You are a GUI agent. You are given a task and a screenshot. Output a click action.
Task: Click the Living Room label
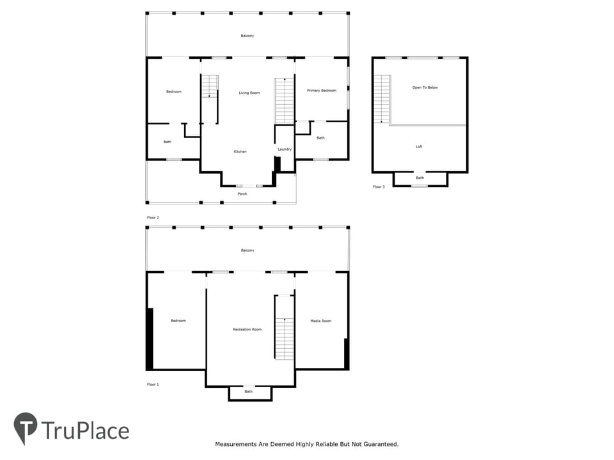click(249, 93)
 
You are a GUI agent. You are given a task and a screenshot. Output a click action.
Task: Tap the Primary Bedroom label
click(322, 90)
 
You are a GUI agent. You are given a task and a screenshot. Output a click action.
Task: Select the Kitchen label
click(240, 151)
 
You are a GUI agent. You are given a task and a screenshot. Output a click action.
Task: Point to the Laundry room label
click(285, 149)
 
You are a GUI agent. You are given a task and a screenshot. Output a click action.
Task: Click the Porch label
click(242, 194)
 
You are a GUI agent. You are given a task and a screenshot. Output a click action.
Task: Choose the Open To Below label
click(425, 88)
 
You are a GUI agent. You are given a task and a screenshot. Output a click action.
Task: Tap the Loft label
click(419, 147)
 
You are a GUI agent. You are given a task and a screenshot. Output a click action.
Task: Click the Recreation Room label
click(247, 330)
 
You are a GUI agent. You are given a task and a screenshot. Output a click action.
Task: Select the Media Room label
click(320, 321)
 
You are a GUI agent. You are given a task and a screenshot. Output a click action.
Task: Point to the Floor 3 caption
click(379, 187)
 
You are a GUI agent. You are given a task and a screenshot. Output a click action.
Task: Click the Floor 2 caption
click(153, 217)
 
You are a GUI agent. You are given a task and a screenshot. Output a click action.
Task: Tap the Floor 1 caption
click(153, 385)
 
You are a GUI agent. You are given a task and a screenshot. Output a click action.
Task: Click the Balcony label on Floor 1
click(248, 250)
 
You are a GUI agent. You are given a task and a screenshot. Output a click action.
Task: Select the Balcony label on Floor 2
click(248, 36)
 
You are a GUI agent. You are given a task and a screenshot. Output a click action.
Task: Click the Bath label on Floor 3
click(420, 178)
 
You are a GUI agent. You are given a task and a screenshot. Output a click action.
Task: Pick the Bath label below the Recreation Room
click(249, 391)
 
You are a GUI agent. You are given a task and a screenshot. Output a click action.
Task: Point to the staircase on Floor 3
click(382, 99)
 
